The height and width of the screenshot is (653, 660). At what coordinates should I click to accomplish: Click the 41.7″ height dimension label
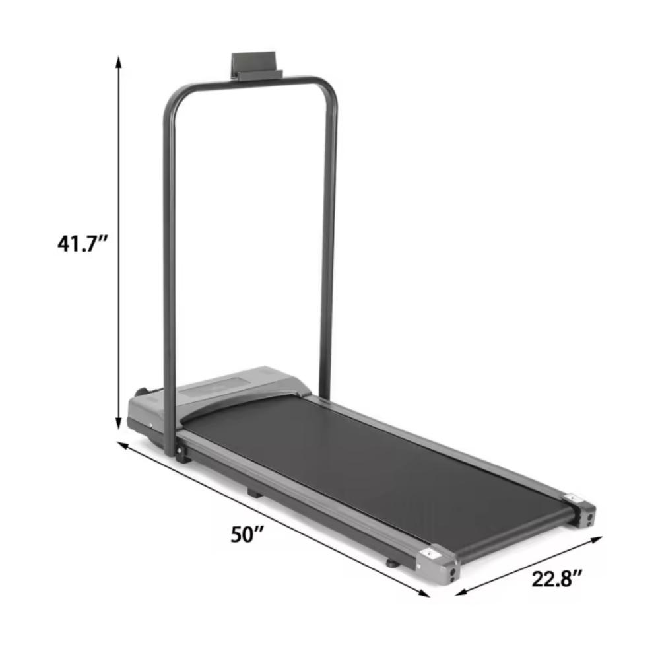pos(83,244)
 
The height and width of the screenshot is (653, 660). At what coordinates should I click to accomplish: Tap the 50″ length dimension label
pos(247,534)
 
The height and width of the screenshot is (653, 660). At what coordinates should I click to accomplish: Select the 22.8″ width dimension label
pos(557,578)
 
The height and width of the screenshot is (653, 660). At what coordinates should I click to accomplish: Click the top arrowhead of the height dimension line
pos(119,62)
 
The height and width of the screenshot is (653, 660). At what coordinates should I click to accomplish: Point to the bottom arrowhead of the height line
pos(119,423)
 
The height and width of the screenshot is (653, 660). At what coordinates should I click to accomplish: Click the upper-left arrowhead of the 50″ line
pos(122,446)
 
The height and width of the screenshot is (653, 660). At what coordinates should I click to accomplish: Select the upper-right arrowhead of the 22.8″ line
pos(597,539)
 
